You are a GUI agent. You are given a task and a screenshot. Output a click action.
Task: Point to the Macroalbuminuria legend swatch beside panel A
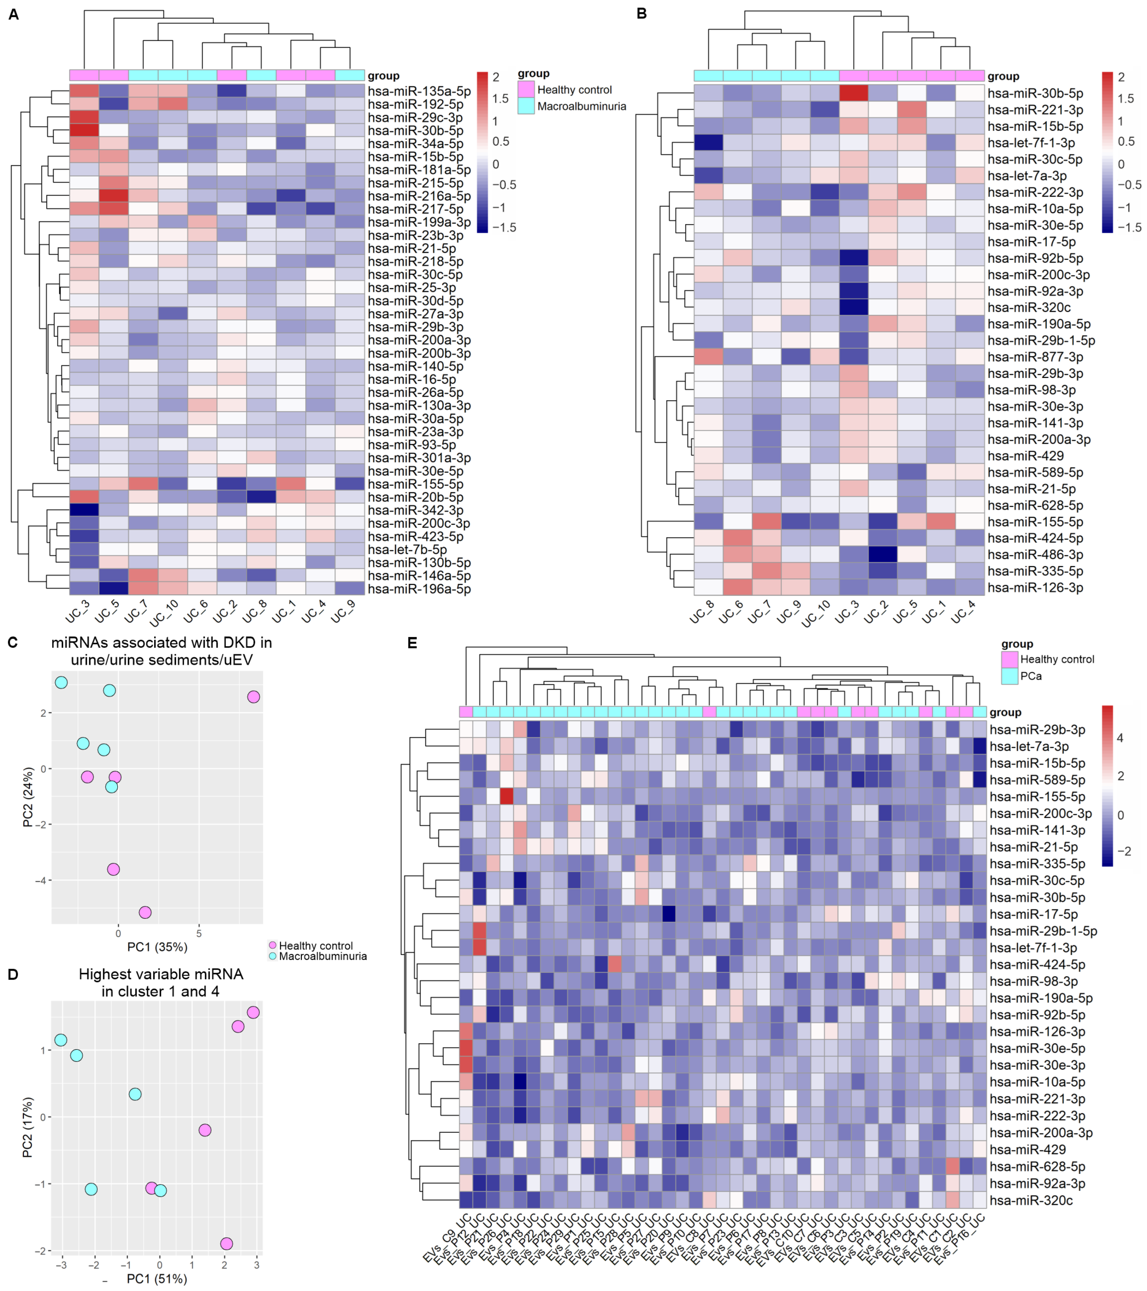[526, 106]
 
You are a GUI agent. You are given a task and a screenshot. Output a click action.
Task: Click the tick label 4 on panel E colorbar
[1121, 738]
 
